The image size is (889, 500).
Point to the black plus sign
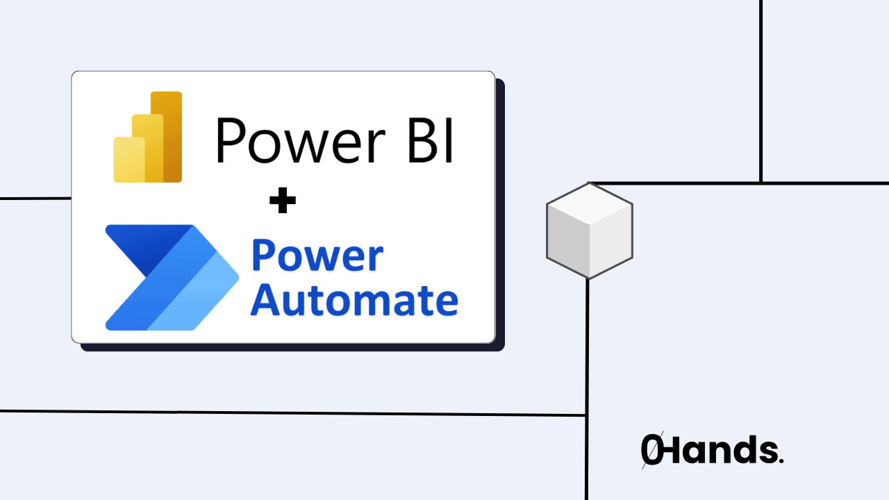(283, 202)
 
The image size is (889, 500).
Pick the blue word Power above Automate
(317, 256)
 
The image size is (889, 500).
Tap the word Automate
(354, 300)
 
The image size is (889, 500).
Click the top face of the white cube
(589, 204)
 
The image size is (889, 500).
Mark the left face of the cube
(568, 243)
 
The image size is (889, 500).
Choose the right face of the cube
(610, 243)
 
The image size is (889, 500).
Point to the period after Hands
(781, 460)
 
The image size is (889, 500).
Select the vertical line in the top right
(761, 90)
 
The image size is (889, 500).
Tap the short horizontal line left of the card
(35, 199)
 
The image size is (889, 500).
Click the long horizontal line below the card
(292, 413)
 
